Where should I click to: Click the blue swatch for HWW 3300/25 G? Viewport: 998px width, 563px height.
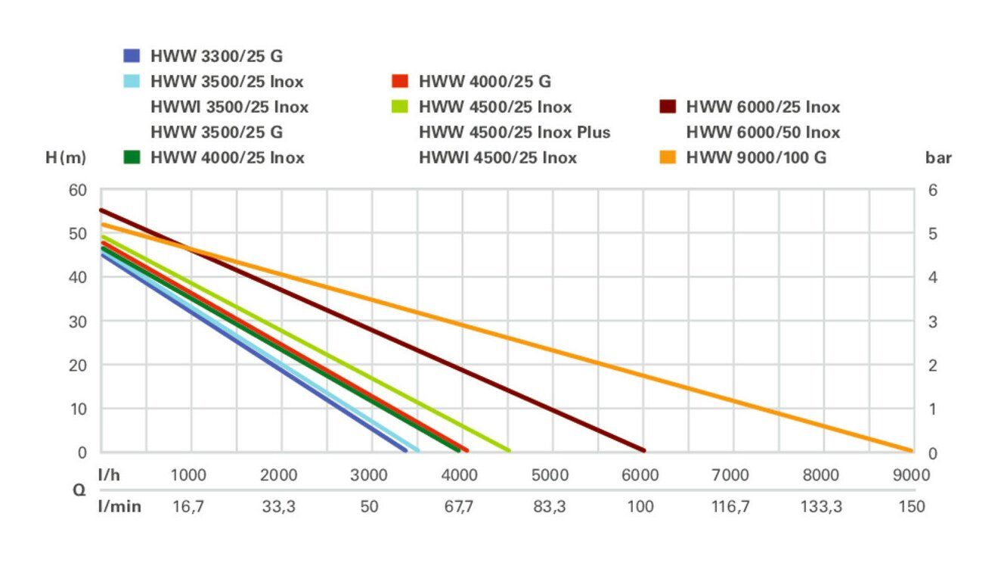pyautogui.click(x=132, y=55)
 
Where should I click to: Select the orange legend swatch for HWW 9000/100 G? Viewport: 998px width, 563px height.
pyautogui.click(x=668, y=158)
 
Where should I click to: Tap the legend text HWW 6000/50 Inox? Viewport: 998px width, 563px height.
pyautogui.click(x=763, y=132)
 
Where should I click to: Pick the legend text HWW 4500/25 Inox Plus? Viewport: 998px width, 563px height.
pyautogui.click(x=514, y=132)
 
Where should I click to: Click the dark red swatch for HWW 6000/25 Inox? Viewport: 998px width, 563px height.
pyautogui.click(x=668, y=107)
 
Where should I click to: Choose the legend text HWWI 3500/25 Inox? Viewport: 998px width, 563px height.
pyautogui.click(x=230, y=107)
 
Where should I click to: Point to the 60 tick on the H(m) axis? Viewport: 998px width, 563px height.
pyautogui.click(x=79, y=190)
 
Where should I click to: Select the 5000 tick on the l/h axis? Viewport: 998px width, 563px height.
pyautogui.click(x=550, y=475)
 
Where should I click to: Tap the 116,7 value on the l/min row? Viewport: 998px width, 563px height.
pyautogui.click(x=730, y=506)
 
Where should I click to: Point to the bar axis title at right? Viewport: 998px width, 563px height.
pyautogui.click(x=938, y=158)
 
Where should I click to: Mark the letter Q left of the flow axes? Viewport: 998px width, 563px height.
pyautogui.click(x=79, y=490)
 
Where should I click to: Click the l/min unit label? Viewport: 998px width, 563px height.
pyautogui.click(x=119, y=506)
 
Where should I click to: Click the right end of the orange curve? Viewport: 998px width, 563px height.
pyautogui.click(x=910, y=450)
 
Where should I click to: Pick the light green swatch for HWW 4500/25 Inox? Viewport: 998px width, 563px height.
pyautogui.click(x=400, y=107)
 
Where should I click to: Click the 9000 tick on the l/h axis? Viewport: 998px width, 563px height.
pyautogui.click(x=911, y=475)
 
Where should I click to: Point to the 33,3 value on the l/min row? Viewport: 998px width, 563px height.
pyautogui.click(x=279, y=506)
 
